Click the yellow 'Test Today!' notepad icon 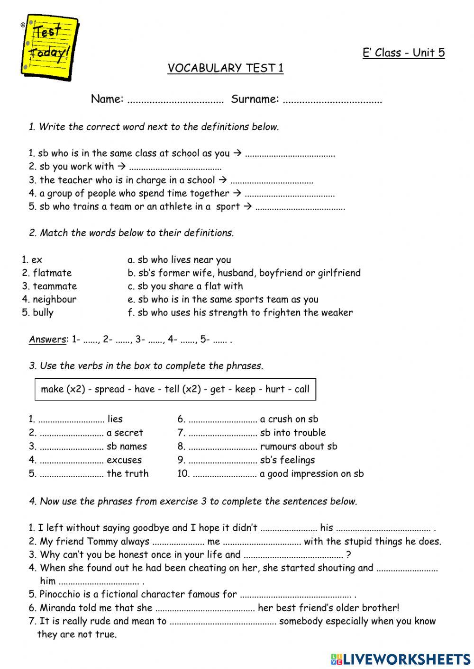50,46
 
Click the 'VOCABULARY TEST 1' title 226,68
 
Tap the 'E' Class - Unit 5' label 403,53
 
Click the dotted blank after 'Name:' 175,100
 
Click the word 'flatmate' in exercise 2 52,273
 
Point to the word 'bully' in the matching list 43,312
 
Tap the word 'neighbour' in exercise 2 55,299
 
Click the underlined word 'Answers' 47,339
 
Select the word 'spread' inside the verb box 109,389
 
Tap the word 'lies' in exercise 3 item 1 115,419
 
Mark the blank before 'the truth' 72,474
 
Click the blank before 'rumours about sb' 222,447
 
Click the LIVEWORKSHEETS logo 401,659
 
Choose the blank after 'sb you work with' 175,168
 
